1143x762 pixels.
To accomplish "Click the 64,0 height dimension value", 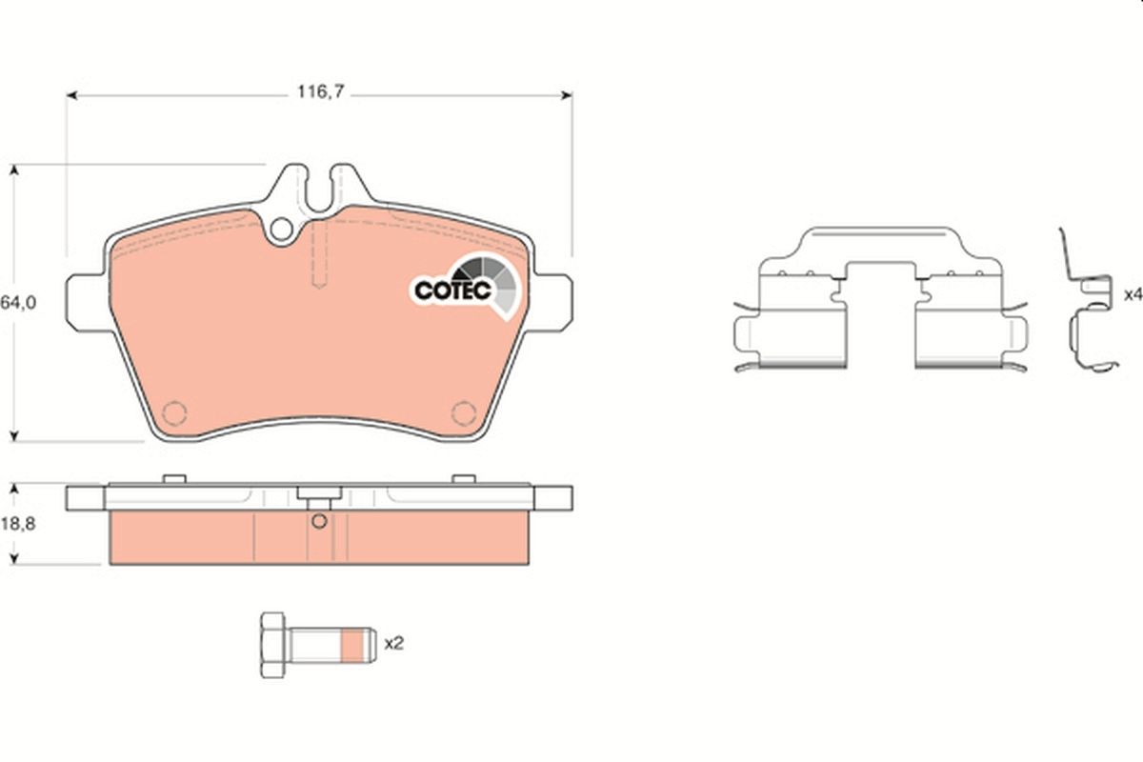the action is pyautogui.click(x=17, y=302).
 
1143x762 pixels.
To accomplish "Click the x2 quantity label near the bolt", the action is pyautogui.click(x=393, y=643).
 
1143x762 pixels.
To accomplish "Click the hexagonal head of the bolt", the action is pyautogui.click(x=273, y=644).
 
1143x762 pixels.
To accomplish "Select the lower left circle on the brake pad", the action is pyautogui.click(x=175, y=412).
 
